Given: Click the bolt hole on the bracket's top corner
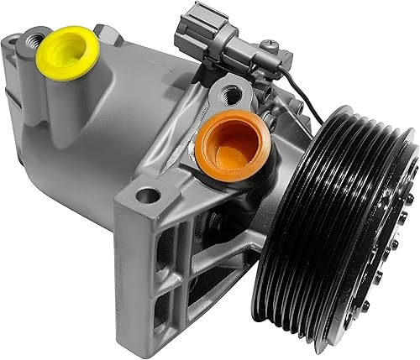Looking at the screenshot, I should pyautogui.click(x=147, y=196).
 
